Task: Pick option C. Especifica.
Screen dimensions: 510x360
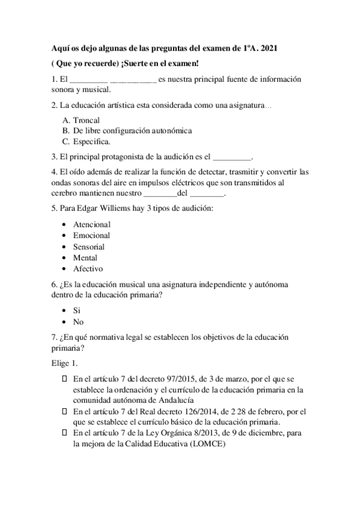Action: click(86, 142)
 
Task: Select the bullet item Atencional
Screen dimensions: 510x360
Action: click(91, 224)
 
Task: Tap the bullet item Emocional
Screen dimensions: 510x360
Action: click(91, 236)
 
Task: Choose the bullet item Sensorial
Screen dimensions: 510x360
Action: click(89, 247)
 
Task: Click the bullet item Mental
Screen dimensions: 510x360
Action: click(85, 258)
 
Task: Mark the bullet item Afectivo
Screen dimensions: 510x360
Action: click(88, 269)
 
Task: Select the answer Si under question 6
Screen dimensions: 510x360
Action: click(77, 311)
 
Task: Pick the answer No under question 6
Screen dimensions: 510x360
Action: click(78, 322)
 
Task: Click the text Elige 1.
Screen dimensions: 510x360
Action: click(64, 364)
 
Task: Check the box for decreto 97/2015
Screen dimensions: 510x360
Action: click(65, 379)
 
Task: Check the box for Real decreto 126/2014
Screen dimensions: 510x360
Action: click(65, 412)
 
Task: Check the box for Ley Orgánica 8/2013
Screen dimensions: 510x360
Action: click(65, 433)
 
